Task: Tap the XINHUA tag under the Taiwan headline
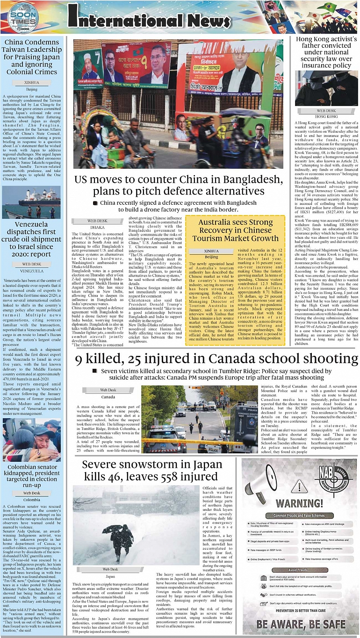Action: coord(32,82)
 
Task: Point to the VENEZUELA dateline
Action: coord(32,271)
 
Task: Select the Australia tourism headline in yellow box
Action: coord(235,230)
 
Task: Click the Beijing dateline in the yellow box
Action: coord(211,257)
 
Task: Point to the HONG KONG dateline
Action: coord(326,116)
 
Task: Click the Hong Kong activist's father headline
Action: coord(326,52)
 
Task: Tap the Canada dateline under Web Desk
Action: coord(108,397)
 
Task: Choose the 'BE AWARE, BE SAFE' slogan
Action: coord(301,624)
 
